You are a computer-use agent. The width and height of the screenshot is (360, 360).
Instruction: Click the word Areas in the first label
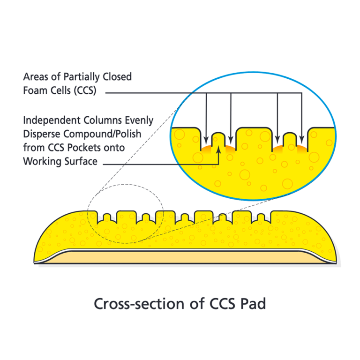36,77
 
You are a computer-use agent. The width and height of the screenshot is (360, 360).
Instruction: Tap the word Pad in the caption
254,303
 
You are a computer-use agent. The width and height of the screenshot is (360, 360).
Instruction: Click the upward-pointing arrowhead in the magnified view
218,151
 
